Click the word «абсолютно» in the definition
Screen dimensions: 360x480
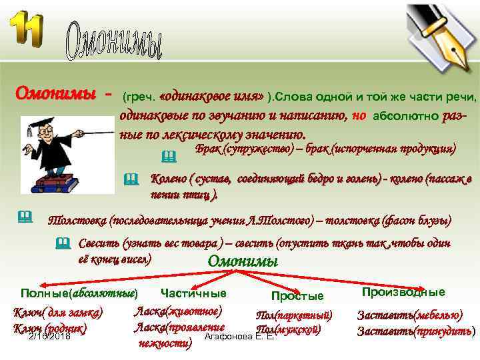tap(404, 116)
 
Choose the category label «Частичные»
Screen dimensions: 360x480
tap(193, 293)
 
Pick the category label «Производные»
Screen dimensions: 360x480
tap(403, 292)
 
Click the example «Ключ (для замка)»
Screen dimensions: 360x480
tap(58, 312)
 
